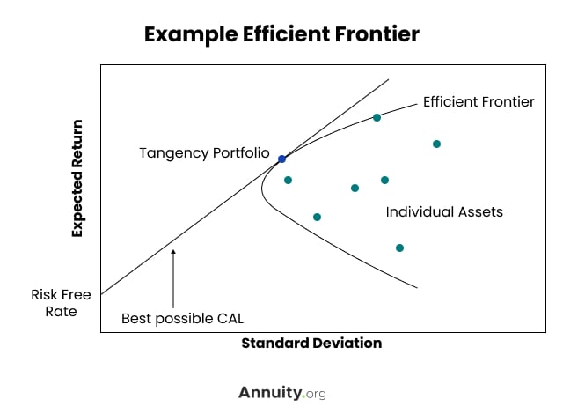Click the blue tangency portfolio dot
281,159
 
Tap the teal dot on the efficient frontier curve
377,117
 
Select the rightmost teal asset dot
436,144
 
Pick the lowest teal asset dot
399,248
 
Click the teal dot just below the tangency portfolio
288,180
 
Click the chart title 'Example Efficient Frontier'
281,34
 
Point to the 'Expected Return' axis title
77,178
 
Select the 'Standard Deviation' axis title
311,344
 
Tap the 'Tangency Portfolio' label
204,153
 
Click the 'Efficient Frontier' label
479,101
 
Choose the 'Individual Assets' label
444,211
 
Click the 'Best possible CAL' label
182,319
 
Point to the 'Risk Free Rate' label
61,303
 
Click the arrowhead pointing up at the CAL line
173,252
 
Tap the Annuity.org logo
282,393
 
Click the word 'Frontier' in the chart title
377,34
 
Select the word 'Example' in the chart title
191,35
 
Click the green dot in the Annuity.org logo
303,396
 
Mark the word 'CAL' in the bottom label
230,318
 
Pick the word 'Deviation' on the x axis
347,344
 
